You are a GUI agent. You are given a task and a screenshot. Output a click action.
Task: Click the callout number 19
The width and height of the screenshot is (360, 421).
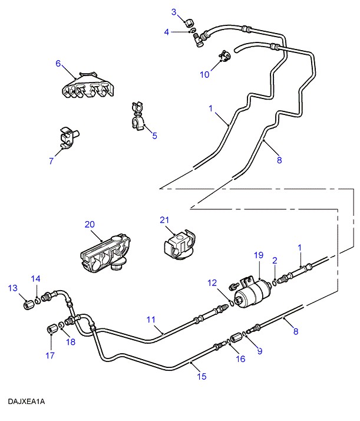tap(257, 255)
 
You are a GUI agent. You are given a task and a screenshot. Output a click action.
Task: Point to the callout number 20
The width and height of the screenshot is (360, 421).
tap(89, 224)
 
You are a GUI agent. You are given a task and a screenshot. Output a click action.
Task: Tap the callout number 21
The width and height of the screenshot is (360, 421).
tap(164, 221)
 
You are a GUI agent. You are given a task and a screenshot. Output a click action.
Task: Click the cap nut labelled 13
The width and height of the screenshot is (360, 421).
tap(27, 305)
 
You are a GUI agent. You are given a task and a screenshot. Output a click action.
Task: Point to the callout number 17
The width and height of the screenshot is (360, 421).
tap(50, 355)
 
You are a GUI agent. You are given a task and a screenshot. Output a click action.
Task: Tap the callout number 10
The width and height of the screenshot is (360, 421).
tap(204, 75)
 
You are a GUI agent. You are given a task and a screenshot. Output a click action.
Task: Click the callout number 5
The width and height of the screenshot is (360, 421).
tap(154, 136)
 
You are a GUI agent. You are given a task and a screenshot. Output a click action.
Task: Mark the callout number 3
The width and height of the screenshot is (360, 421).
tap(174, 12)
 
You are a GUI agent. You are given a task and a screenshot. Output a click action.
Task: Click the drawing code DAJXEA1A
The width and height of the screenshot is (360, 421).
tap(27, 402)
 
